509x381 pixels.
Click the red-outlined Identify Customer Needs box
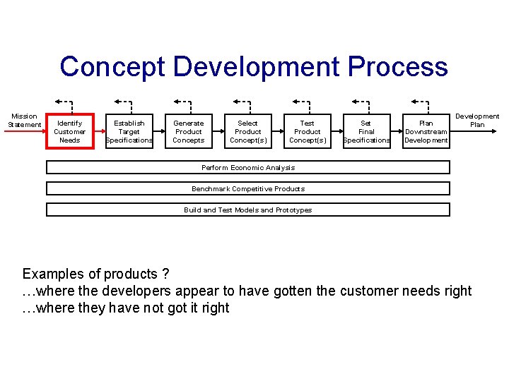69,131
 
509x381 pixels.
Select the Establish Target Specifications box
129,131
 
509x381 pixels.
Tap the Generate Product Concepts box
189,131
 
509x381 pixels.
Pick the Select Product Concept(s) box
248,131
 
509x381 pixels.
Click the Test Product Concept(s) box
308,131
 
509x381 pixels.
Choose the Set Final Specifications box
366,131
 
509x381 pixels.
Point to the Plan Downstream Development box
426,131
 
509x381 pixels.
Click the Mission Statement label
24,120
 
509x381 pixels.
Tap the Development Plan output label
477,120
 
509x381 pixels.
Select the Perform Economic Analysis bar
248,168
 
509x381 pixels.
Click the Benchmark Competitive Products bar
248,188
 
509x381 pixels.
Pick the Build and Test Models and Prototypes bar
248,210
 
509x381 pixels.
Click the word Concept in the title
113,68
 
